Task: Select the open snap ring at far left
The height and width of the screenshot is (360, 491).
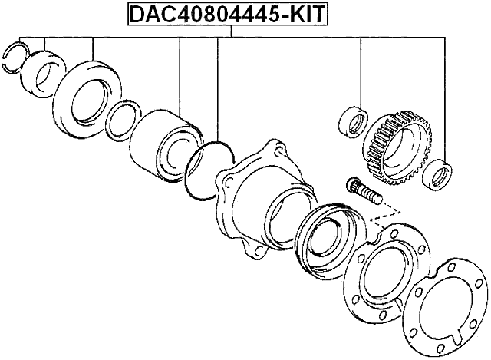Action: click(15, 58)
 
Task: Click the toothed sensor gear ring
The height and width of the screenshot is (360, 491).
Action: click(400, 149)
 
